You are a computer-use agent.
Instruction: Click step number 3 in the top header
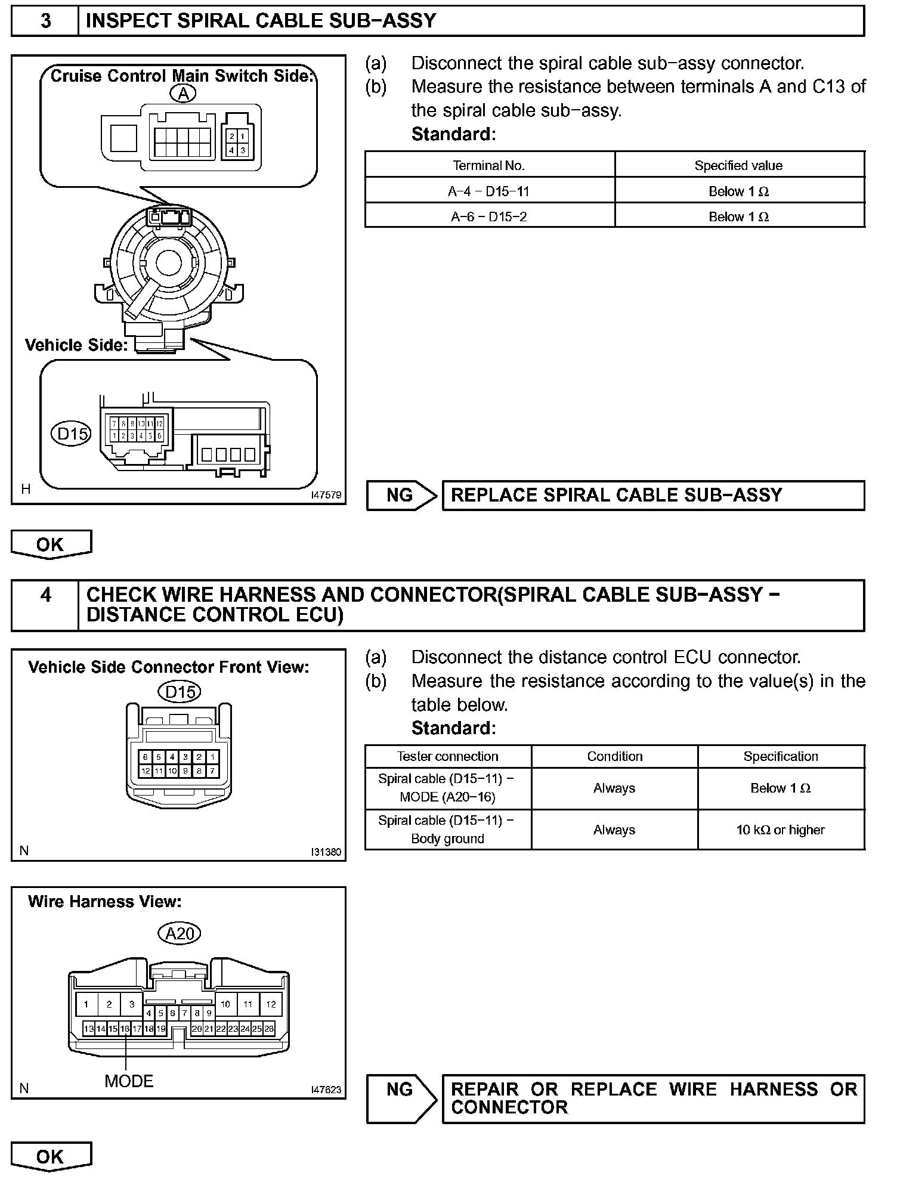(x=45, y=21)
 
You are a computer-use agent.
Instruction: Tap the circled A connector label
(x=183, y=94)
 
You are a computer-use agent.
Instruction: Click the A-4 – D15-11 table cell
(x=489, y=191)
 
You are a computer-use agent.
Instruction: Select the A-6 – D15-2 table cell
(x=489, y=216)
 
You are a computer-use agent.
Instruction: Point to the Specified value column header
(x=738, y=166)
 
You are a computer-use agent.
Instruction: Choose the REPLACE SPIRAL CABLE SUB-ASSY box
(x=653, y=495)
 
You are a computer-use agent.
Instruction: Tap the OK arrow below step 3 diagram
(x=51, y=544)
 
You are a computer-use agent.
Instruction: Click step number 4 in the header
(x=45, y=595)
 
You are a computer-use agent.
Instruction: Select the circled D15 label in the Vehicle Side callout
(x=72, y=434)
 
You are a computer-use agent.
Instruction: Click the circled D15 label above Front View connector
(x=180, y=692)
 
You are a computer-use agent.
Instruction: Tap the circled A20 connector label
(x=180, y=933)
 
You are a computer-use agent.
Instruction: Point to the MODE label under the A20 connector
(x=129, y=1081)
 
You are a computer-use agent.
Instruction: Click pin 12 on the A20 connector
(x=271, y=1004)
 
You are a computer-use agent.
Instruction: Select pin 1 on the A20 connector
(x=86, y=1004)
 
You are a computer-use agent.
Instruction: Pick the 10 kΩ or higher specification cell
(x=780, y=830)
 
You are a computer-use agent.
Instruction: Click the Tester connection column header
(x=448, y=756)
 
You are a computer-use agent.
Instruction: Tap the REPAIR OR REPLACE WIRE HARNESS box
(x=653, y=1099)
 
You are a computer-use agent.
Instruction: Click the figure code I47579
(x=326, y=495)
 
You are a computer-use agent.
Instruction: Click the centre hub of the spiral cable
(x=169, y=263)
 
